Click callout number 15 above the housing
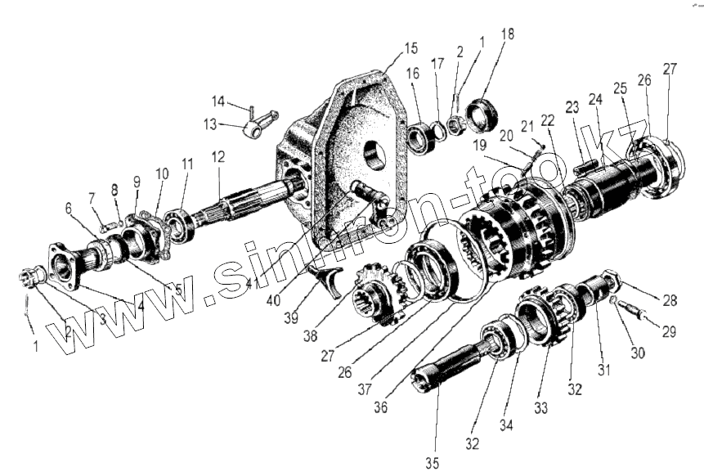pyautogui.click(x=410, y=47)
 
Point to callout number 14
pyautogui.click(x=217, y=101)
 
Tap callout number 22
pyautogui.click(x=547, y=120)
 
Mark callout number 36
pyautogui.click(x=137, y=182)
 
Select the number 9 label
pyautogui.click(x=137, y=182)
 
